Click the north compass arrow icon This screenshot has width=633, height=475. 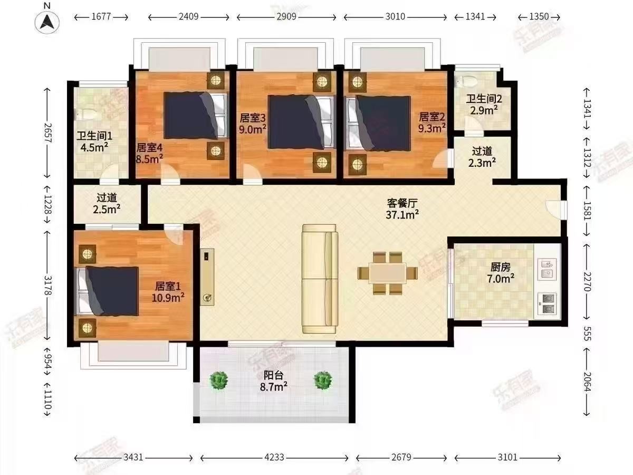coord(47,22)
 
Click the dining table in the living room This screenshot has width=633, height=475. coord(387,273)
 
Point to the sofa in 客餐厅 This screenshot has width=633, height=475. coord(320,279)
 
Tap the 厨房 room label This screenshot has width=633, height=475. coord(501,268)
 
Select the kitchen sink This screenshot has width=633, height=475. coord(547,269)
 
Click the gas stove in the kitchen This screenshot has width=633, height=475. coord(547,304)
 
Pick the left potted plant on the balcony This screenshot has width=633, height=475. coord(218,380)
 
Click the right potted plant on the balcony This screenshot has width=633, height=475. coord(323,379)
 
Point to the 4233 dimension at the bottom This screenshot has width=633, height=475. coord(274,458)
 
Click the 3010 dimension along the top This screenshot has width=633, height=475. coord(395,16)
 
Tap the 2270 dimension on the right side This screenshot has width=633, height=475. coord(587,282)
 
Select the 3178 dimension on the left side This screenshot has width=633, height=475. coord(47,285)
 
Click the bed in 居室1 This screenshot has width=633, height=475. coord(107,291)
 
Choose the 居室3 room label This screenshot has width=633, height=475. coord(252,118)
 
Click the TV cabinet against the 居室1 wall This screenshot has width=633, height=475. coord(207,277)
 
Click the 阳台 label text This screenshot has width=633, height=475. coord(273,375)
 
